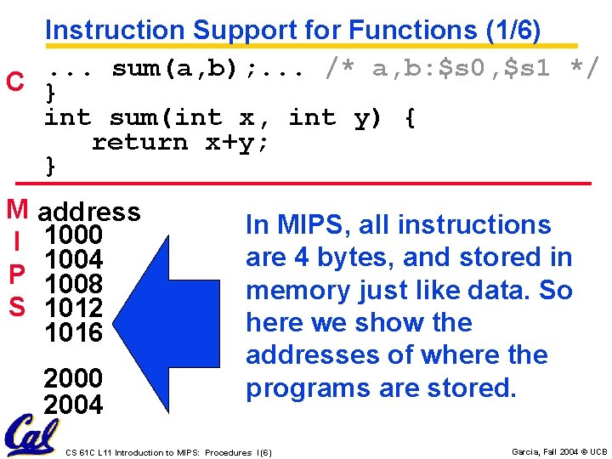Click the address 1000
tap(73, 235)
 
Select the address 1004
tap(73, 259)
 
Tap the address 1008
tap(73, 283)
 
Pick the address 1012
tap(73, 307)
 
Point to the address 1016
tap(73, 331)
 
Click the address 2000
tap(73, 377)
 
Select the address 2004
tap(73, 405)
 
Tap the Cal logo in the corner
tap(32, 436)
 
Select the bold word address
tap(89, 211)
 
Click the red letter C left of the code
tap(14, 82)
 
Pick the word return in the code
tap(139, 142)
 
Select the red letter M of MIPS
tap(16, 208)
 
